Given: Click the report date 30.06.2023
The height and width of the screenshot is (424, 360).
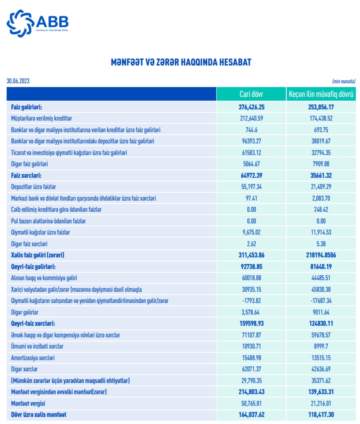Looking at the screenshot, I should tap(18, 81).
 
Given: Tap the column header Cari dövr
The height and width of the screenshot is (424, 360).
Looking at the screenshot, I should tap(251, 94).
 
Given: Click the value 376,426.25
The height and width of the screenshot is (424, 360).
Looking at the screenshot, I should tap(251, 107).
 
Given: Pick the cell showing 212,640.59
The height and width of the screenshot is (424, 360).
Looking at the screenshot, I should tap(251, 118).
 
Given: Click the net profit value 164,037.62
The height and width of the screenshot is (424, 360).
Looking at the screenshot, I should tap(251, 415).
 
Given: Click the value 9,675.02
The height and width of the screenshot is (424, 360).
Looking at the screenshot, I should tap(251, 232).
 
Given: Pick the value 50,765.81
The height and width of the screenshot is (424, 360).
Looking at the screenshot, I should tap(251, 403).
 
